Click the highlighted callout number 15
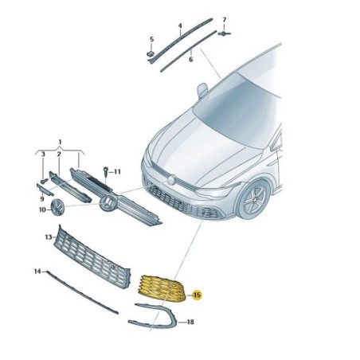[197, 295]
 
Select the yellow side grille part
[162, 288]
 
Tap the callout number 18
[190, 322]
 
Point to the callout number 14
[37, 272]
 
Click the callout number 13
[49, 237]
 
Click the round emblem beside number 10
[58, 208]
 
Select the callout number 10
[42, 209]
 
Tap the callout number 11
[117, 172]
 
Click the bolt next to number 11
[106, 171]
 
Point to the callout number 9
[42, 199]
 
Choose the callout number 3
[43, 154]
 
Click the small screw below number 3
[44, 182]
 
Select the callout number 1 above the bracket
[60, 142]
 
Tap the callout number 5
[151, 39]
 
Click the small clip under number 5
[151, 53]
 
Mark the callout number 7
[225, 20]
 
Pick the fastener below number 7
[224, 33]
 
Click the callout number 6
[190, 60]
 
